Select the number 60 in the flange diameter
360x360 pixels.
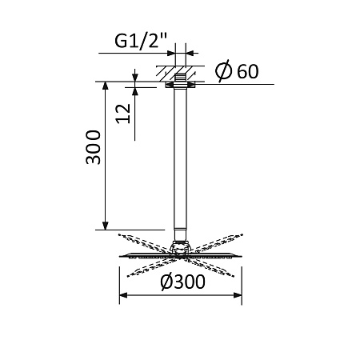tap(247, 72)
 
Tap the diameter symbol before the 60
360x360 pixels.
tap(225, 72)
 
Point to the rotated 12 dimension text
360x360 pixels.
tap(122, 113)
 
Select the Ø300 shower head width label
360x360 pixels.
tap(182, 282)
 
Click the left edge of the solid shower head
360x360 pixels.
tap(122, 257)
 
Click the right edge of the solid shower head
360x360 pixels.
tap(241, 257)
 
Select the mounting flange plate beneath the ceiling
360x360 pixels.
tap(181, 82)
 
